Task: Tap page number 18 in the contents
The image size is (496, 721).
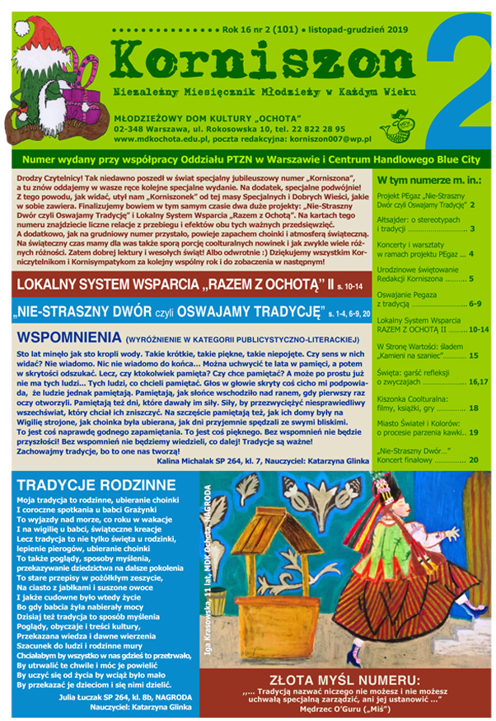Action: point(473,408)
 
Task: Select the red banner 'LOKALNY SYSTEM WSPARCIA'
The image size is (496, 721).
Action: point(165,285)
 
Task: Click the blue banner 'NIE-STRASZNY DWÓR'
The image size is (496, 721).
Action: point(165,313)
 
